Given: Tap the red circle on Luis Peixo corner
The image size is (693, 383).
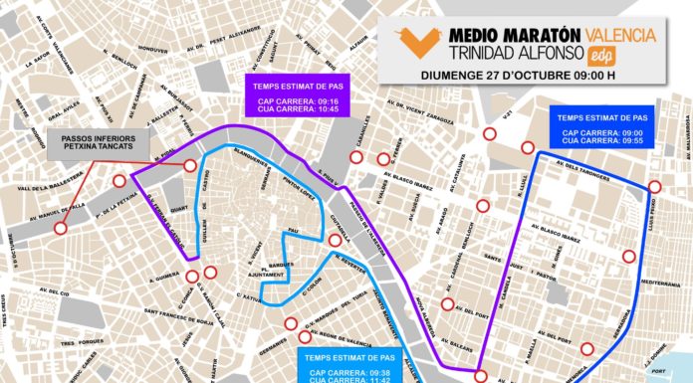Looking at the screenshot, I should pos(654,187).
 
